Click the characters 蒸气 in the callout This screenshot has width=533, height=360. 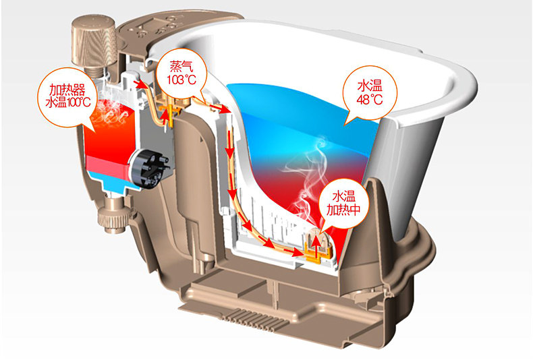(x=181, y=67)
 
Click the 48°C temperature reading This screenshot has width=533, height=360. (x=369, y=100)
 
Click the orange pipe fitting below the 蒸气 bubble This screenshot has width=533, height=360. (x=168, y=107)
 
